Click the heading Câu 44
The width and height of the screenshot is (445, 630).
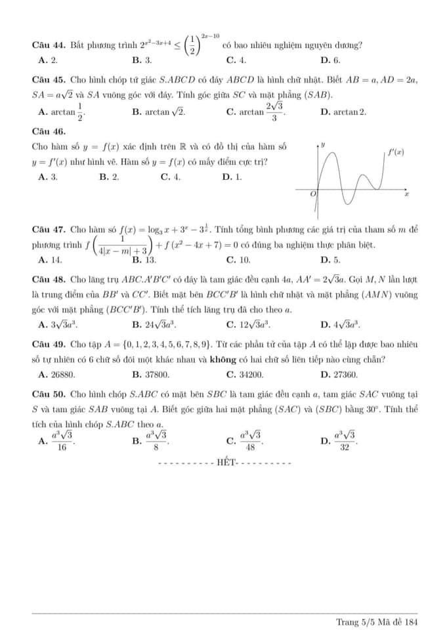[49, 45]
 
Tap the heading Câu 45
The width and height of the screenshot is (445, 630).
[49, 79]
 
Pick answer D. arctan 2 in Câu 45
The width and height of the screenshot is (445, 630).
[343, 112]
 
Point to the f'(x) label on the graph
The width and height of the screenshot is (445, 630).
[395, 152]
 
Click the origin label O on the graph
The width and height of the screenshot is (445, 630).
[312, 195]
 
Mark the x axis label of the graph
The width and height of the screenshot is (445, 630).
[406, 194]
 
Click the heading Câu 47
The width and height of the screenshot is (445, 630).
[49, 230]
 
